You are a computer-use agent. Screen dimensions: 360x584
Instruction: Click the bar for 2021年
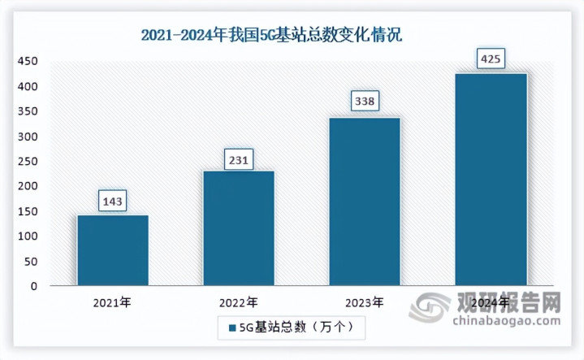(x=113, y=250)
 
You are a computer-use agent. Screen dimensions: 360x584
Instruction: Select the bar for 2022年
(x=238, y=228)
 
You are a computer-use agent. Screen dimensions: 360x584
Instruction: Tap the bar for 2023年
(x=364, y=202)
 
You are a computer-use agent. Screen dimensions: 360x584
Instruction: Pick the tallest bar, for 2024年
(x=490, y=180)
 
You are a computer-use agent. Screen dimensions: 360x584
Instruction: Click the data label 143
(x=113, y=200)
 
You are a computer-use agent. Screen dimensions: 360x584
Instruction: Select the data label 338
(x=364, y=103)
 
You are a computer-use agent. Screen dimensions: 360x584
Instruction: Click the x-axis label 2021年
(x=113, y=302)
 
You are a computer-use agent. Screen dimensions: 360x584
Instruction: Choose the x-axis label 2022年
(x=238, y=302)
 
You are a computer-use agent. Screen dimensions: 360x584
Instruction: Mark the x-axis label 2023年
(x=364, y=302)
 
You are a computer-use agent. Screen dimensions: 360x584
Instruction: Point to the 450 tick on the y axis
(x=28, y=62)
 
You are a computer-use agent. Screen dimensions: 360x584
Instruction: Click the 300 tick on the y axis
(x=28, y=137)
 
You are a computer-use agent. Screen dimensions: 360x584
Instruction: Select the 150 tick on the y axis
(x=28, y=211)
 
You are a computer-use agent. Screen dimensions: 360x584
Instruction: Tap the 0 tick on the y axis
(x=34, y=286)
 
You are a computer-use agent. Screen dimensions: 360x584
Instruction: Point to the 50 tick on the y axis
(x=31, y=261)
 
